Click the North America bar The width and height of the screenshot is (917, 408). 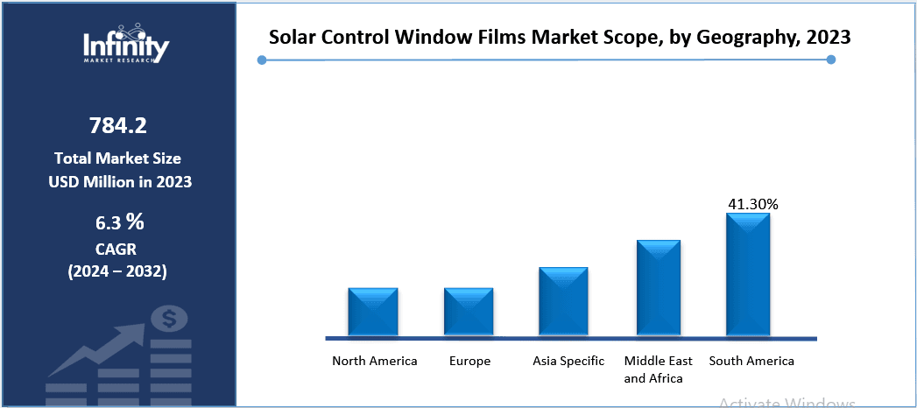click(x=373, y=312)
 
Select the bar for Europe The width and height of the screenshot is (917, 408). click(x=469, y=312)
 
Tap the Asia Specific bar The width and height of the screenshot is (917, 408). click(x=563, y=301)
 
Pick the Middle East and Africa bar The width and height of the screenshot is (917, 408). click(x=659, y=287)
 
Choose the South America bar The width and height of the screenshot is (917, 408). click(x=748, y=274)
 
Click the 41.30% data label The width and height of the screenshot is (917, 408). click(x=753, y=204)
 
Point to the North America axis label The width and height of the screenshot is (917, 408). click(x=375, y=361)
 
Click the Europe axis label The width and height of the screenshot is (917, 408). click(x=470, y=361)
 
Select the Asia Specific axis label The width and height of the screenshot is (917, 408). click(x=568, y=361)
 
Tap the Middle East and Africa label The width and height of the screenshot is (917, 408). click(x=659, y=369)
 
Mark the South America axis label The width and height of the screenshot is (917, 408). click(x=751, y=361)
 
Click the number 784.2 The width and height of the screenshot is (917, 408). click(x=118, y=126)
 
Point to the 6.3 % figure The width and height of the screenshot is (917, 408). click(x=118, y=221)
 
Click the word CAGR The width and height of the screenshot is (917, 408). click(x=118, y=250)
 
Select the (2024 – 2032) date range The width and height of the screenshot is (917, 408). click(x=118, y=271)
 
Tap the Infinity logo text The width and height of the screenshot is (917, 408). click(x=126, y=44)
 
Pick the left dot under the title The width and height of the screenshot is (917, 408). click(x=261, y=60)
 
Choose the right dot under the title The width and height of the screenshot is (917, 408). click(x=831, y=60)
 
